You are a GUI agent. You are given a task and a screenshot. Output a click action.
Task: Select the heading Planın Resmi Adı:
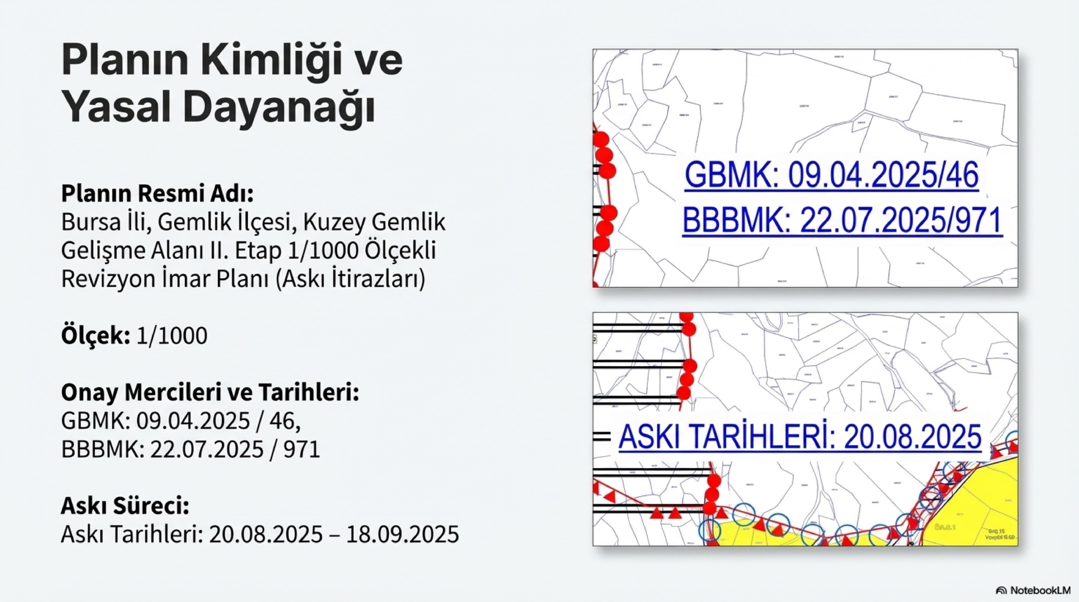157,193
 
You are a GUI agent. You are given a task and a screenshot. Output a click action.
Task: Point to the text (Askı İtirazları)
350,279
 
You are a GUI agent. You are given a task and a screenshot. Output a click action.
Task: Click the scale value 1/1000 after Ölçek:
172,336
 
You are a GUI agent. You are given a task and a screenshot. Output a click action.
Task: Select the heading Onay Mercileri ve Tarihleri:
210,393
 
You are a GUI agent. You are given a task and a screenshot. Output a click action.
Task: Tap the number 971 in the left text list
302,449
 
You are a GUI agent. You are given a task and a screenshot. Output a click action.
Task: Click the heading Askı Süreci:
125,506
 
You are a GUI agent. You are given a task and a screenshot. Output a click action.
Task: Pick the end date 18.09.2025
403,535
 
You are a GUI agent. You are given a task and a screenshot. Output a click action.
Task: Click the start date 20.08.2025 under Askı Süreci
266,535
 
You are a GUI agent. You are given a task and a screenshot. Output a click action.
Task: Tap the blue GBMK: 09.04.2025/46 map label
831,176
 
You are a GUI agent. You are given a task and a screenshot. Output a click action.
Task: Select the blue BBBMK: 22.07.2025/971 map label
842,221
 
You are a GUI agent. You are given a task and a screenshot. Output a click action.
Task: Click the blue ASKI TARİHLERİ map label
800,436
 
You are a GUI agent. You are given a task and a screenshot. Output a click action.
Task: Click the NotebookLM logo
1033,591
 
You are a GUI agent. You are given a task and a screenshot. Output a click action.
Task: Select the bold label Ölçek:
95,336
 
